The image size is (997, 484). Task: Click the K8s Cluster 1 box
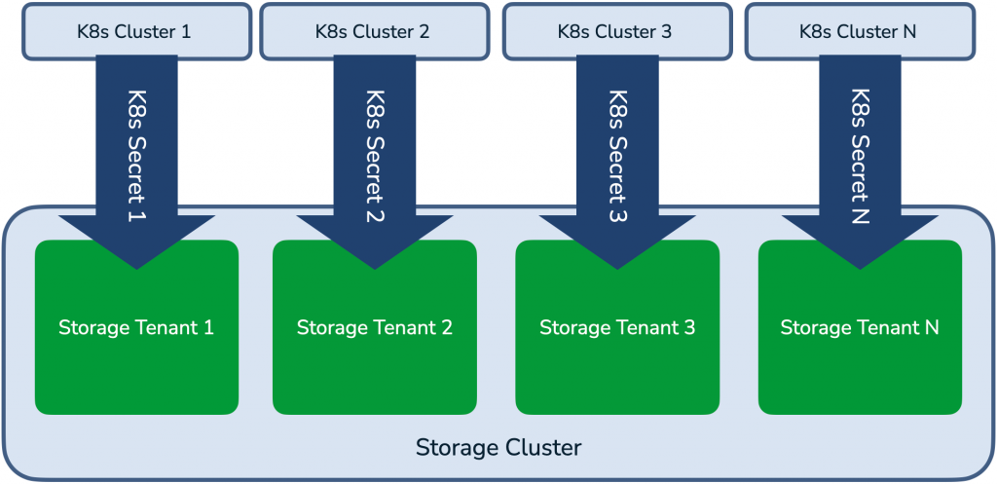(x=136, y=32)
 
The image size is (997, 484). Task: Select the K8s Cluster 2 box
(x=375, y=32)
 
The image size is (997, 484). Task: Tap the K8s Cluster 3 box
(x=617, y=32)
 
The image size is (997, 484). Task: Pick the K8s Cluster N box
(x=860, y=32)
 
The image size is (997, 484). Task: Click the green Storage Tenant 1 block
(x=136, y=327)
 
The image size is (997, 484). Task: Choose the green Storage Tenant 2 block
(x=375, y=327)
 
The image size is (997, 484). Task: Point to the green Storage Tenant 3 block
(x=617, y=327)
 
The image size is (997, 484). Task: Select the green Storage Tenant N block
(x=860, y=327)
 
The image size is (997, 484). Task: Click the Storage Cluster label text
(x=498, y=447)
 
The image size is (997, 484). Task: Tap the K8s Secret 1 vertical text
(x=137, y=155)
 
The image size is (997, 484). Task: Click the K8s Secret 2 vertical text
(x=375, y=155)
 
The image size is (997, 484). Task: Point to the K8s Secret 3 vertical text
(x=618, y=155)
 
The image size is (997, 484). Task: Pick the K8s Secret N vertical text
(x=861, y=155)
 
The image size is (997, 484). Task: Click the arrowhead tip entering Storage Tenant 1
(x=136, y=269)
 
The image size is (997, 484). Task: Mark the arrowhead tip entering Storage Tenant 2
(x=375, y=269)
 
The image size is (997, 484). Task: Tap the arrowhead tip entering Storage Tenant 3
(x=617, y=269)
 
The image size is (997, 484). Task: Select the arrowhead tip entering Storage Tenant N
(x=860, y=269)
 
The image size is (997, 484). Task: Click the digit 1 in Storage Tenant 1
(x=208, y=328)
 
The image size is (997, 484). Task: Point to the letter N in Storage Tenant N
(x=932, y=328)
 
